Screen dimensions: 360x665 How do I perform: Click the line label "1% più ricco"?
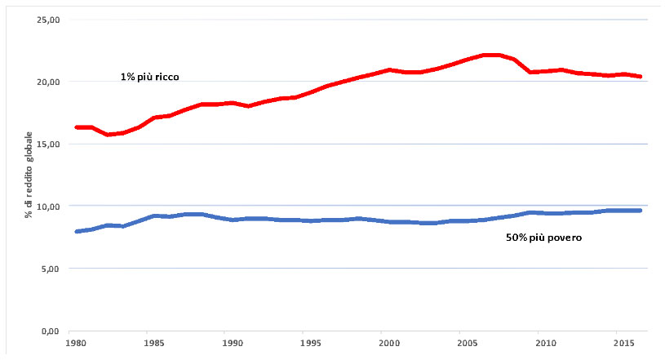point(150,77)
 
